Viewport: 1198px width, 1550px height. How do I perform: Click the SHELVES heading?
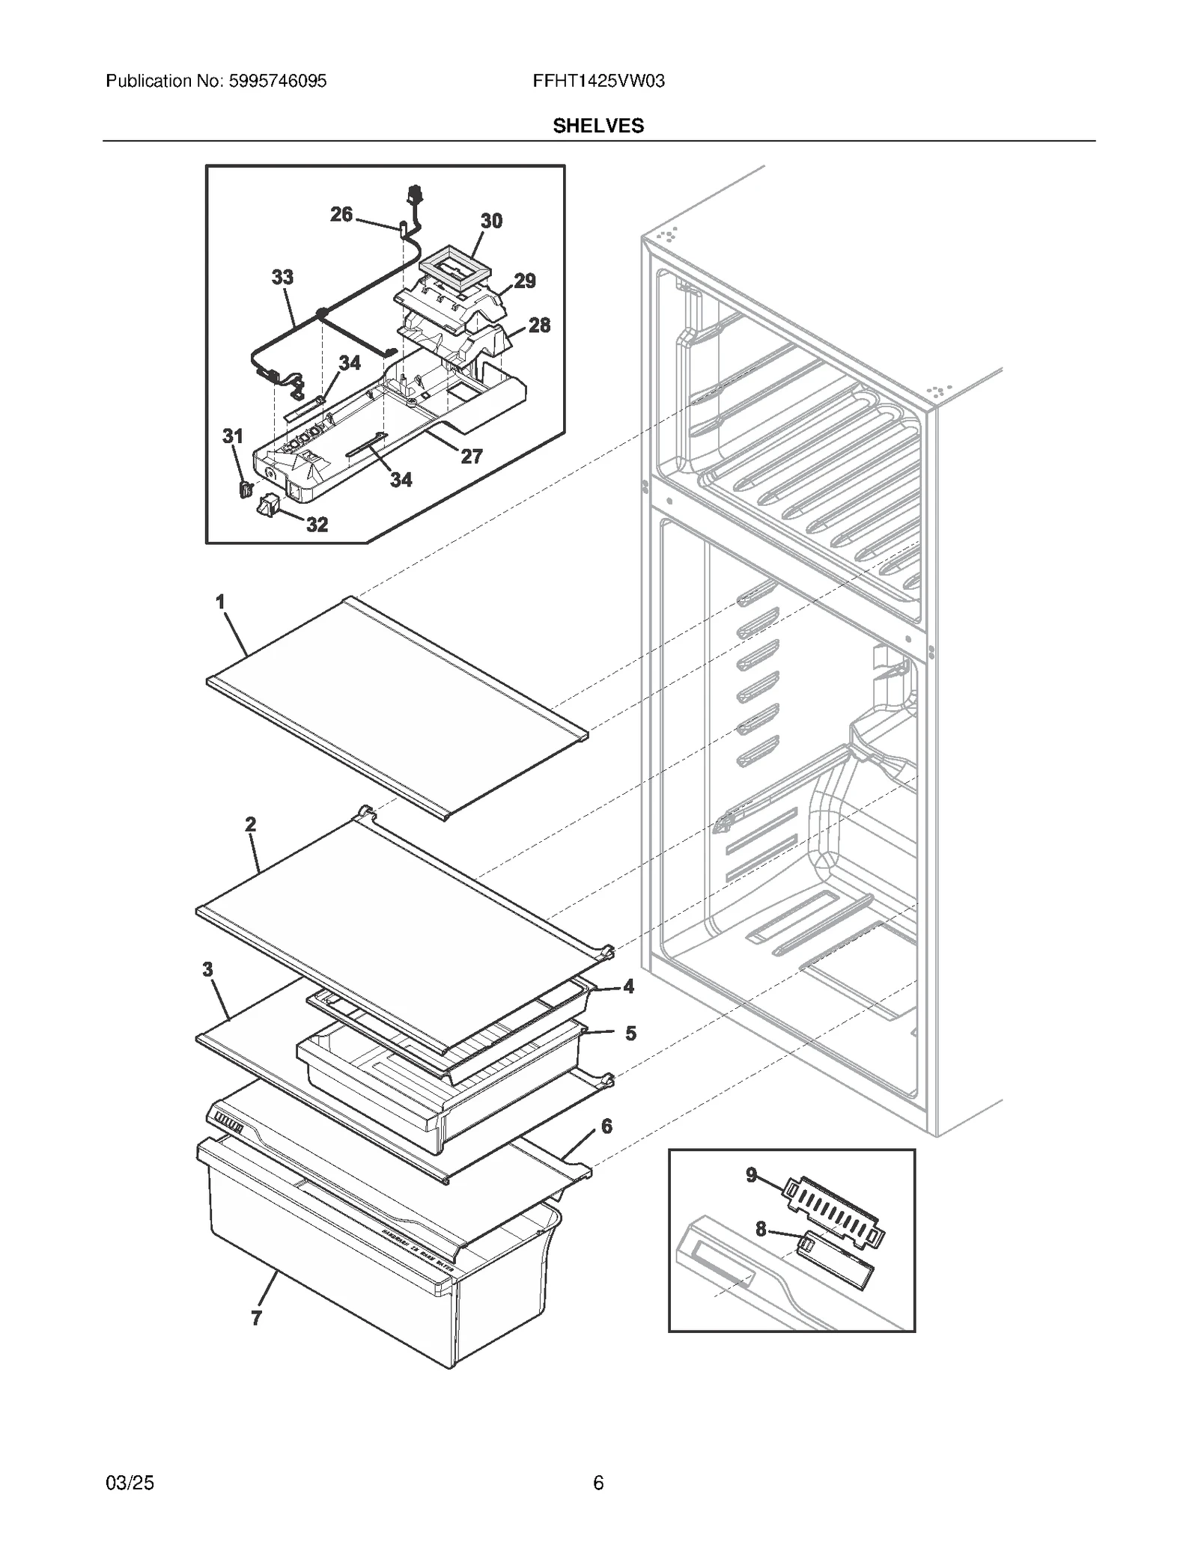coord(598,126)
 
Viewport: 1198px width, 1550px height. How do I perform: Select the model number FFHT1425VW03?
coord(598,81)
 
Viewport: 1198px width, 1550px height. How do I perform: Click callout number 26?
coord(341,215)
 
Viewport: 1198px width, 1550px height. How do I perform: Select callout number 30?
coord(491,221)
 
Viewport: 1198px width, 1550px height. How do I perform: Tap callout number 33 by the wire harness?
coord(282,277)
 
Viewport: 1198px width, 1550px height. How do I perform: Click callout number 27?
coord(472,456)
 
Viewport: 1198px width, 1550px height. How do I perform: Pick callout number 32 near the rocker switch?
coord(317,525)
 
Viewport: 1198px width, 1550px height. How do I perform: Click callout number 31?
coord(233,436)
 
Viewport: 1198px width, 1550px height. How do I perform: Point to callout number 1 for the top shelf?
coord(220,602)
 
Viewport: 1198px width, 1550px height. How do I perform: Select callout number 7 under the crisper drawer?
coord(257,1318)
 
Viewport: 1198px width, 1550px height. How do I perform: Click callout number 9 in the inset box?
coord(752,1175)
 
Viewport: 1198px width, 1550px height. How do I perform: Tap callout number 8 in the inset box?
coord(761,1228)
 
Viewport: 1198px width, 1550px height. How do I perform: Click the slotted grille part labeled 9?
coord(833,1209)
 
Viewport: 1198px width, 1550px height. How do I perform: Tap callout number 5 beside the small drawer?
coord(631,1034)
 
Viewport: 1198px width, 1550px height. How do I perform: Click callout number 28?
coord(539,326)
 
